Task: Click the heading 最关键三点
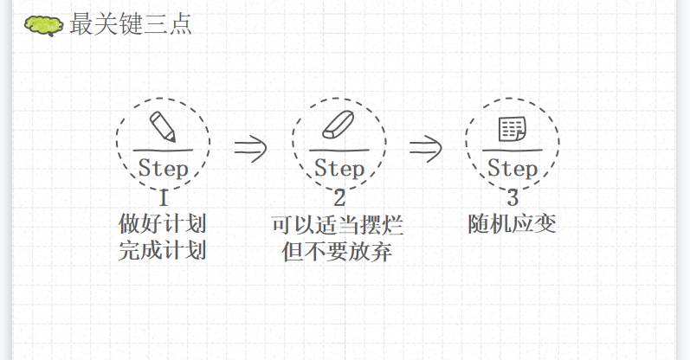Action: [x=131, y=24]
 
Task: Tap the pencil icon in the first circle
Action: [x=162, y=126]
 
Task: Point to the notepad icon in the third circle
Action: [x=512, y=129]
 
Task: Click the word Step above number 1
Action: [x=163, y=167]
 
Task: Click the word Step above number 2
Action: [x=339, y=167]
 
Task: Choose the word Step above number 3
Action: [x=512, y=167]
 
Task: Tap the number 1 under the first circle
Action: [x=163, y=196]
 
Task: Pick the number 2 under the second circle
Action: [x=339, y=196]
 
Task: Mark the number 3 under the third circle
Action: [x=513, y=196]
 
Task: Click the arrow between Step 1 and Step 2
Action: [x=250, y=148]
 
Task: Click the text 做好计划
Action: [x=163, y=224]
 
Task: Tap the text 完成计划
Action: [x=163, y=252]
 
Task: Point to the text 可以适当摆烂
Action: [x=338, y=226]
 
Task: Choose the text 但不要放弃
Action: [x=338, y=253]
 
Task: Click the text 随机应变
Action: [x=512, y=224]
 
